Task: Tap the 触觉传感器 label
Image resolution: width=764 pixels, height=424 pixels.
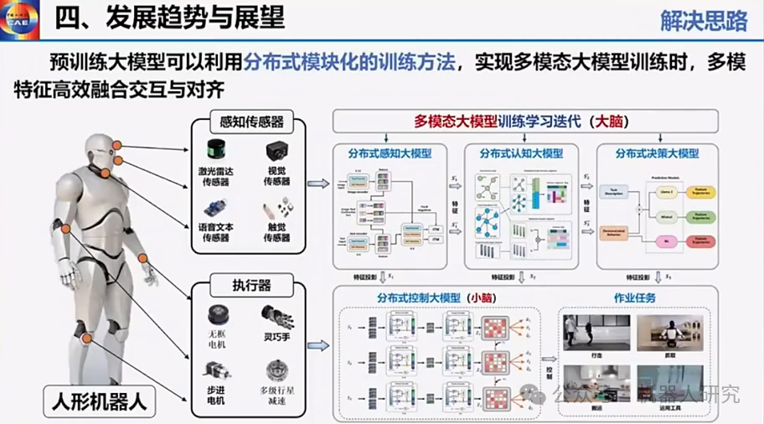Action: [276, 232]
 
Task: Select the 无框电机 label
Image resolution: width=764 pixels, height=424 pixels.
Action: [219, 341]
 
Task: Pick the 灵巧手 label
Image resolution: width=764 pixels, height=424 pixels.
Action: [277, 335]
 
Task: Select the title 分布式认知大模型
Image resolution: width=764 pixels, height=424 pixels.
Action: [519, 154]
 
